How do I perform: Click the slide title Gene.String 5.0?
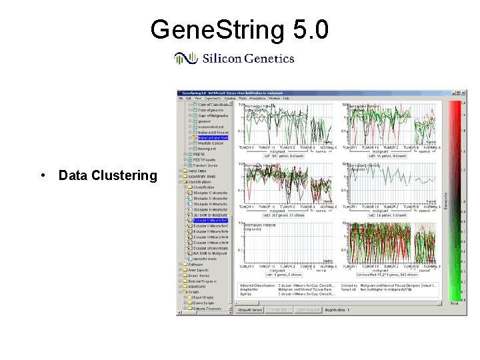pos(239,30)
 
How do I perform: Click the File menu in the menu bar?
pos(181,99)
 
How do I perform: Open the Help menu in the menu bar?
pos(286,99)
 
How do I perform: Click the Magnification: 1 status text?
pos(345,310)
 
